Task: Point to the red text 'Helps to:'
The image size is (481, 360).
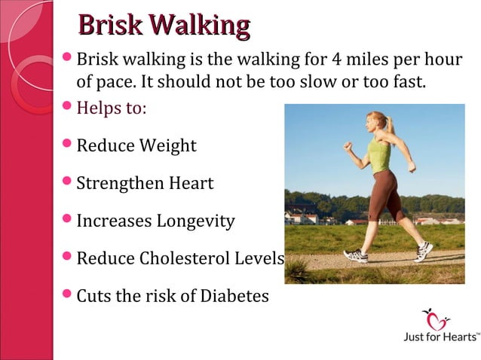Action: [112, 108]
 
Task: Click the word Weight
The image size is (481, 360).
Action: [167, 145]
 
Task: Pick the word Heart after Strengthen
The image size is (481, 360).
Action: [191, 183]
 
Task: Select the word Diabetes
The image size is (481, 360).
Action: [234, 296]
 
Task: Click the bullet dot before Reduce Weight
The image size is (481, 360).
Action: [67, 143]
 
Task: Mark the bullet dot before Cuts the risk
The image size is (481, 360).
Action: [67, 294]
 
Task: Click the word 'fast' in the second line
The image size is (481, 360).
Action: [412, 81]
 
